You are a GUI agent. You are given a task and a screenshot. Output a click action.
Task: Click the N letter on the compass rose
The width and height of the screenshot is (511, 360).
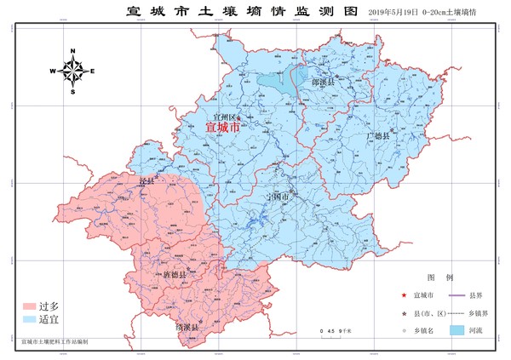pyautogui.click(x=73, y=52)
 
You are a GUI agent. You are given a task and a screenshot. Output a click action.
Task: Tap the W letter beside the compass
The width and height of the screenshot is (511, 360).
pyautogui.click(x=53, y=71)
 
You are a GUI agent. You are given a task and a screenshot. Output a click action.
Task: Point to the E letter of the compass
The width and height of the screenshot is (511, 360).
pyautogui.click(x=93, y=71)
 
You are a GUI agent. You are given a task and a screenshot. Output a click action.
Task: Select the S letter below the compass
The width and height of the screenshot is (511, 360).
pyautogui.click(x=73, y=91)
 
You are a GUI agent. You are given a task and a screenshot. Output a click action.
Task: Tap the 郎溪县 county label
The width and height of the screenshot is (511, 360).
pyautogui.click(x=324, y=83)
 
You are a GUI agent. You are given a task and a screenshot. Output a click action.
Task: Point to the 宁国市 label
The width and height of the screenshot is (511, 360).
pyautogui.click(x=278, y=197)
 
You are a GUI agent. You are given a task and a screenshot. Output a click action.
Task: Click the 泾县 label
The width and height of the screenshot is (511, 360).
pyautogui.click(x=146, y=183)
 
